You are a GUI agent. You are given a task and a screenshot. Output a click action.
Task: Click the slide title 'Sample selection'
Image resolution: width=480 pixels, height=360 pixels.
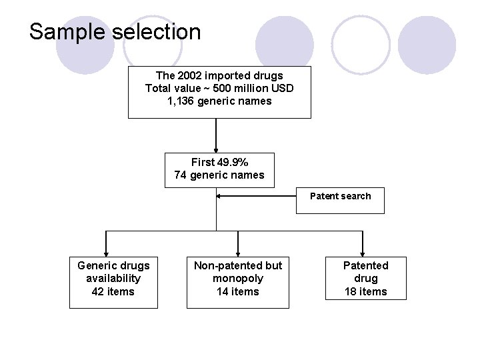pos(115,32)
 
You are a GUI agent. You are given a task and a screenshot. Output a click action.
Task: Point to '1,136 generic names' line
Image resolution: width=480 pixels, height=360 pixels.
pos(219,101)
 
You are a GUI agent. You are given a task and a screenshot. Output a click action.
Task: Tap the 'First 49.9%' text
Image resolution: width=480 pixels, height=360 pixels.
pos(219,162)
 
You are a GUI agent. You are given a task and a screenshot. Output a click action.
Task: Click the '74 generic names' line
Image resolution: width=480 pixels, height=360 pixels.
pos(219,175)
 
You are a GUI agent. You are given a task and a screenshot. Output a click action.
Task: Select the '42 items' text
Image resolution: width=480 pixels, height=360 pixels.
pos(113,291)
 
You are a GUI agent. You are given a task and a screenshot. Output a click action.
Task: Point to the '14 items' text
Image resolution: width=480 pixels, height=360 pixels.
pos(238,291)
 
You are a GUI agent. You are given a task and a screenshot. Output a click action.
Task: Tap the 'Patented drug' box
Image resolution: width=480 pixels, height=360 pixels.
pos(365,277)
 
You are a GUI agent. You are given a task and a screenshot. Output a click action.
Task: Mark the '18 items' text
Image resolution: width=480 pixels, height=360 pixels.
pos(365,291)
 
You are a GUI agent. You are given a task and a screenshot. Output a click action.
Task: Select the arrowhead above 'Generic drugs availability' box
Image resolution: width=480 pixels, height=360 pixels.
pos(105,251)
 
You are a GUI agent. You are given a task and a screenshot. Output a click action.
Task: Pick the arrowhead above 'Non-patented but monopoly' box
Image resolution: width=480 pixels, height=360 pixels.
pos(238,251)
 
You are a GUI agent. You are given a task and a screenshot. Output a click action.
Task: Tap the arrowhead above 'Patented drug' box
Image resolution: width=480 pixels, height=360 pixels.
pos(362,251)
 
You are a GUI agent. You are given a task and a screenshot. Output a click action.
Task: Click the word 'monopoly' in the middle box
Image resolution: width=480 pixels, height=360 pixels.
pos(238,278)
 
